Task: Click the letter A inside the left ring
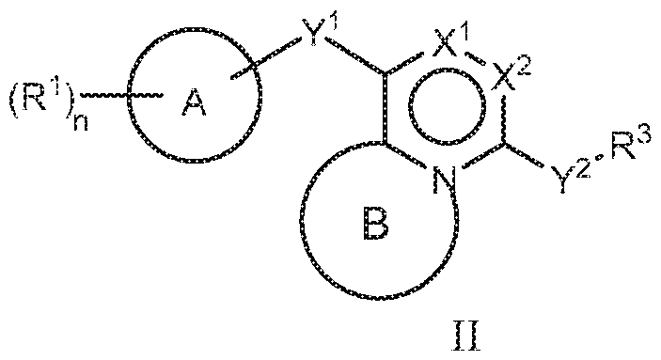(x=194, y=109)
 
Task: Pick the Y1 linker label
(x=317, y=40)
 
